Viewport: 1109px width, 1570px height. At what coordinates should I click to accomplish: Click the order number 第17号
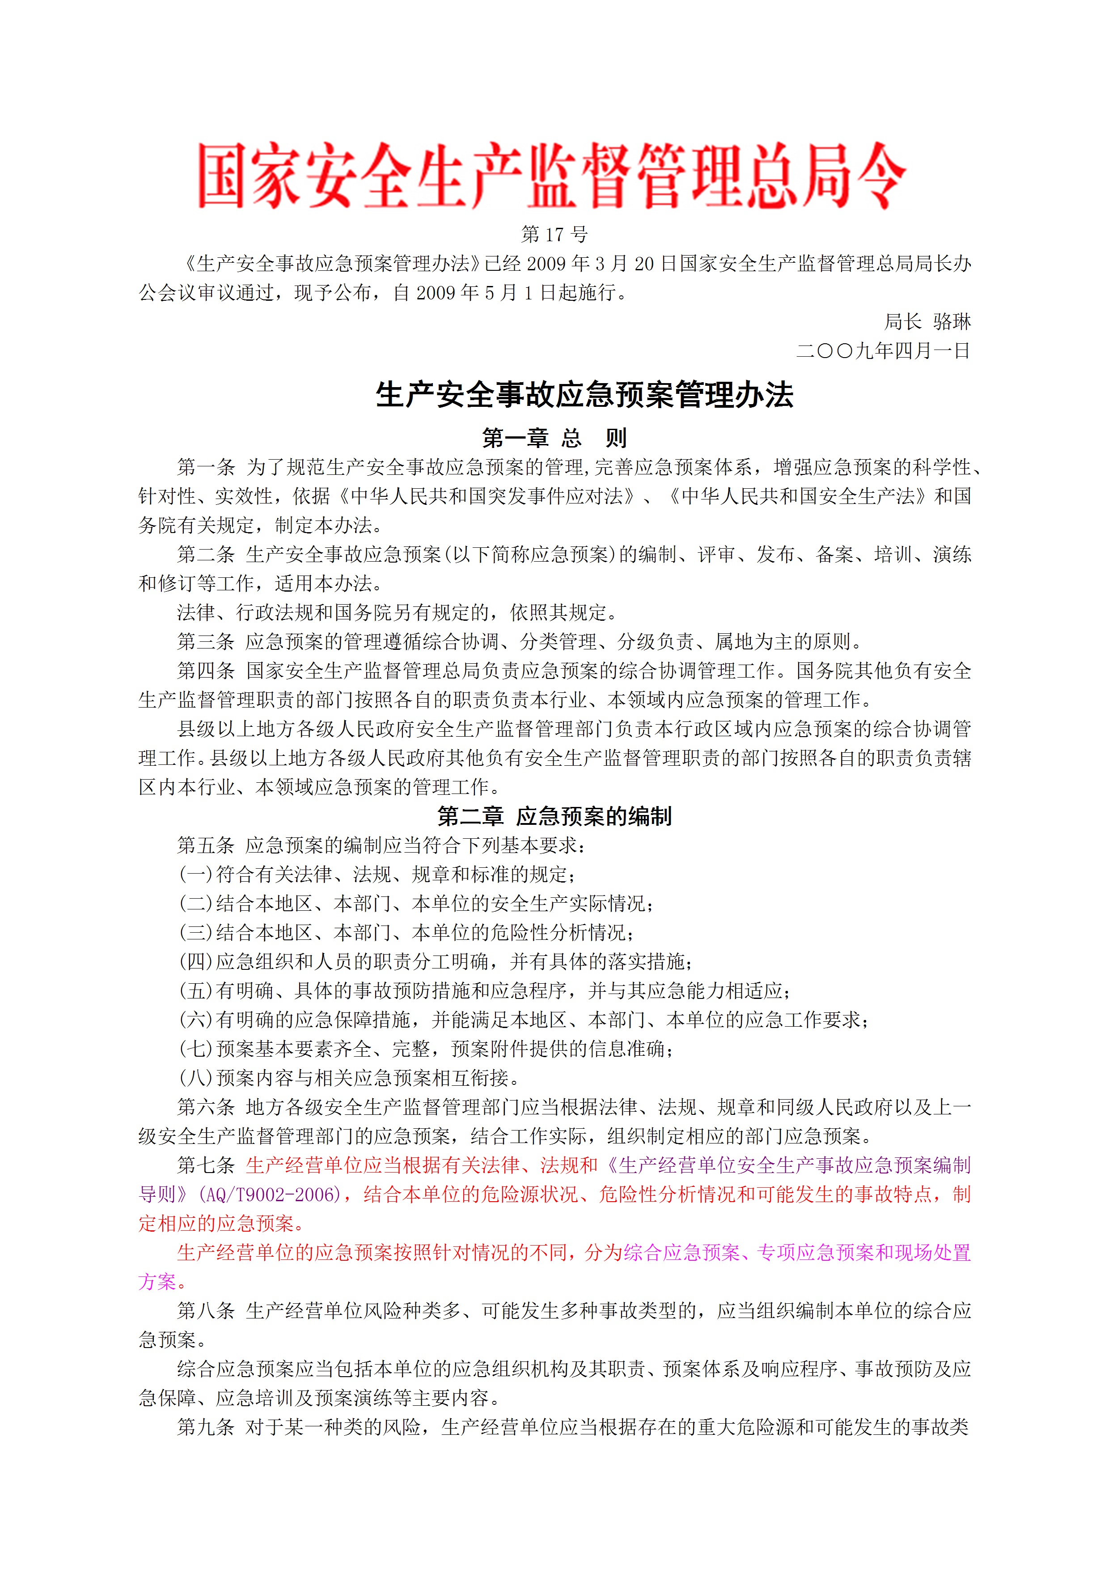coord(554,235)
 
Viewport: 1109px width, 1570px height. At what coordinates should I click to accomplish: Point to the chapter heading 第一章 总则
coord(554,438)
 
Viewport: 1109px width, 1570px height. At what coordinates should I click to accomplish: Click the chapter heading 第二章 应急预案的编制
coord(554,816)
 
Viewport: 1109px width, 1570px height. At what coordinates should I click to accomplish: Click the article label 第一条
coord(206,467)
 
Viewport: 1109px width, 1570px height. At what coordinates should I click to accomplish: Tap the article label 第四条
coord(206,671)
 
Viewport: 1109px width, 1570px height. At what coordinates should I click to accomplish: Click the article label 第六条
coord(206,1107)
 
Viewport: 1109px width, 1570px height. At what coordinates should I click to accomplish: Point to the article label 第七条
coord(206,1165)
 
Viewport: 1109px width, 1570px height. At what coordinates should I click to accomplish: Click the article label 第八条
coord(206,1311)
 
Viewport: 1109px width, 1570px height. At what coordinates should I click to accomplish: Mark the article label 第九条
coord(206,1427)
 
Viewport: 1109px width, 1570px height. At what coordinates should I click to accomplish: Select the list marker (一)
coord(196,875)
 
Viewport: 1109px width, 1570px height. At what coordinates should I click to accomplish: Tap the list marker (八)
coord(196,1078)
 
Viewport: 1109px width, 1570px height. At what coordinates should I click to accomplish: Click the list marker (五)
coord(196,991)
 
